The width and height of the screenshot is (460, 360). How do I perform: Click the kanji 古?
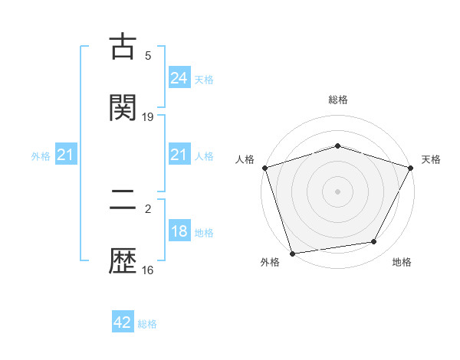point(123,47)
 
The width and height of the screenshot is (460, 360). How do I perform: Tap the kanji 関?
point(123,108)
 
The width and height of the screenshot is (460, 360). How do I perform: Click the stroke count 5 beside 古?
point(148,56)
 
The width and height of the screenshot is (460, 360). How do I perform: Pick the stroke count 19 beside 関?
point(148,117)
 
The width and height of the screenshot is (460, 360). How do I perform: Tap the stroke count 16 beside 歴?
point(148,270)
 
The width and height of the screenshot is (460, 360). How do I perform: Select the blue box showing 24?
point(179,78)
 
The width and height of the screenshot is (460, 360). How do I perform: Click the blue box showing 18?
point(179,232)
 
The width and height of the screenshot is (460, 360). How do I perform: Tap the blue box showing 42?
point(123,323)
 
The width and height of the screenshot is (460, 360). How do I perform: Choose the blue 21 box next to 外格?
point(65,155)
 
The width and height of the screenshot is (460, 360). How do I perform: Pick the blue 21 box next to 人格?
point(179,155)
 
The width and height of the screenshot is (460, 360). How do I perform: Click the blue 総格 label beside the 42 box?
point(147,324)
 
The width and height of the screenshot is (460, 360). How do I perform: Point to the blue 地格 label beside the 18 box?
point(204,233)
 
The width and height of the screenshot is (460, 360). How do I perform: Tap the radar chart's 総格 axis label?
point(338,100)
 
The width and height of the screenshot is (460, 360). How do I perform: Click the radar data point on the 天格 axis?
point(411,168)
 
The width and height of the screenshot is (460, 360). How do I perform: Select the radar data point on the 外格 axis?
point(292,253)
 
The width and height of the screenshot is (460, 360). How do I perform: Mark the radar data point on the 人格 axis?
point(264,168)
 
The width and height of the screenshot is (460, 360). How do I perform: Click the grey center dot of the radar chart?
point(338,191)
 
